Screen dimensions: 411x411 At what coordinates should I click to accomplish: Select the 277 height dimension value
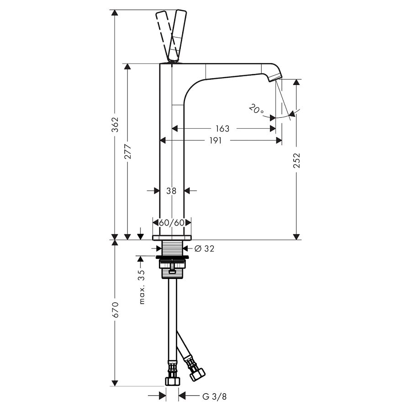click(128, 152)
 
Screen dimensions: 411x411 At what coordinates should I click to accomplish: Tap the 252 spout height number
click(296, 160)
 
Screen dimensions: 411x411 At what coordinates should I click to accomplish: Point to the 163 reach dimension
click(222, 129)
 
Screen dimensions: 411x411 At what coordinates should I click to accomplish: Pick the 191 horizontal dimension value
click(216, 141)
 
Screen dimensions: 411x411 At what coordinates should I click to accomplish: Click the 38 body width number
click(171, 191)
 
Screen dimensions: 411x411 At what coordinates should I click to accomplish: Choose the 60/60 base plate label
click(172, 223)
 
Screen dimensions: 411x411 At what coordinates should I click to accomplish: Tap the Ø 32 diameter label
click(205, 248)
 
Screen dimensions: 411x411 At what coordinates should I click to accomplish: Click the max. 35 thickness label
click(142, 287)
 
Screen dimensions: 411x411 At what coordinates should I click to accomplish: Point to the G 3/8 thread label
click(215, 396)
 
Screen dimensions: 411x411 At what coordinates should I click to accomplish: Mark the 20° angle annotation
click(256, 109)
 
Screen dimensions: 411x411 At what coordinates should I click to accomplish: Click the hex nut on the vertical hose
click(172, 381)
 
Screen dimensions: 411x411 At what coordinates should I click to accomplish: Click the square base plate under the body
click(172, 238)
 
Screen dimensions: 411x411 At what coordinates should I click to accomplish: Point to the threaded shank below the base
click(172, 248)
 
